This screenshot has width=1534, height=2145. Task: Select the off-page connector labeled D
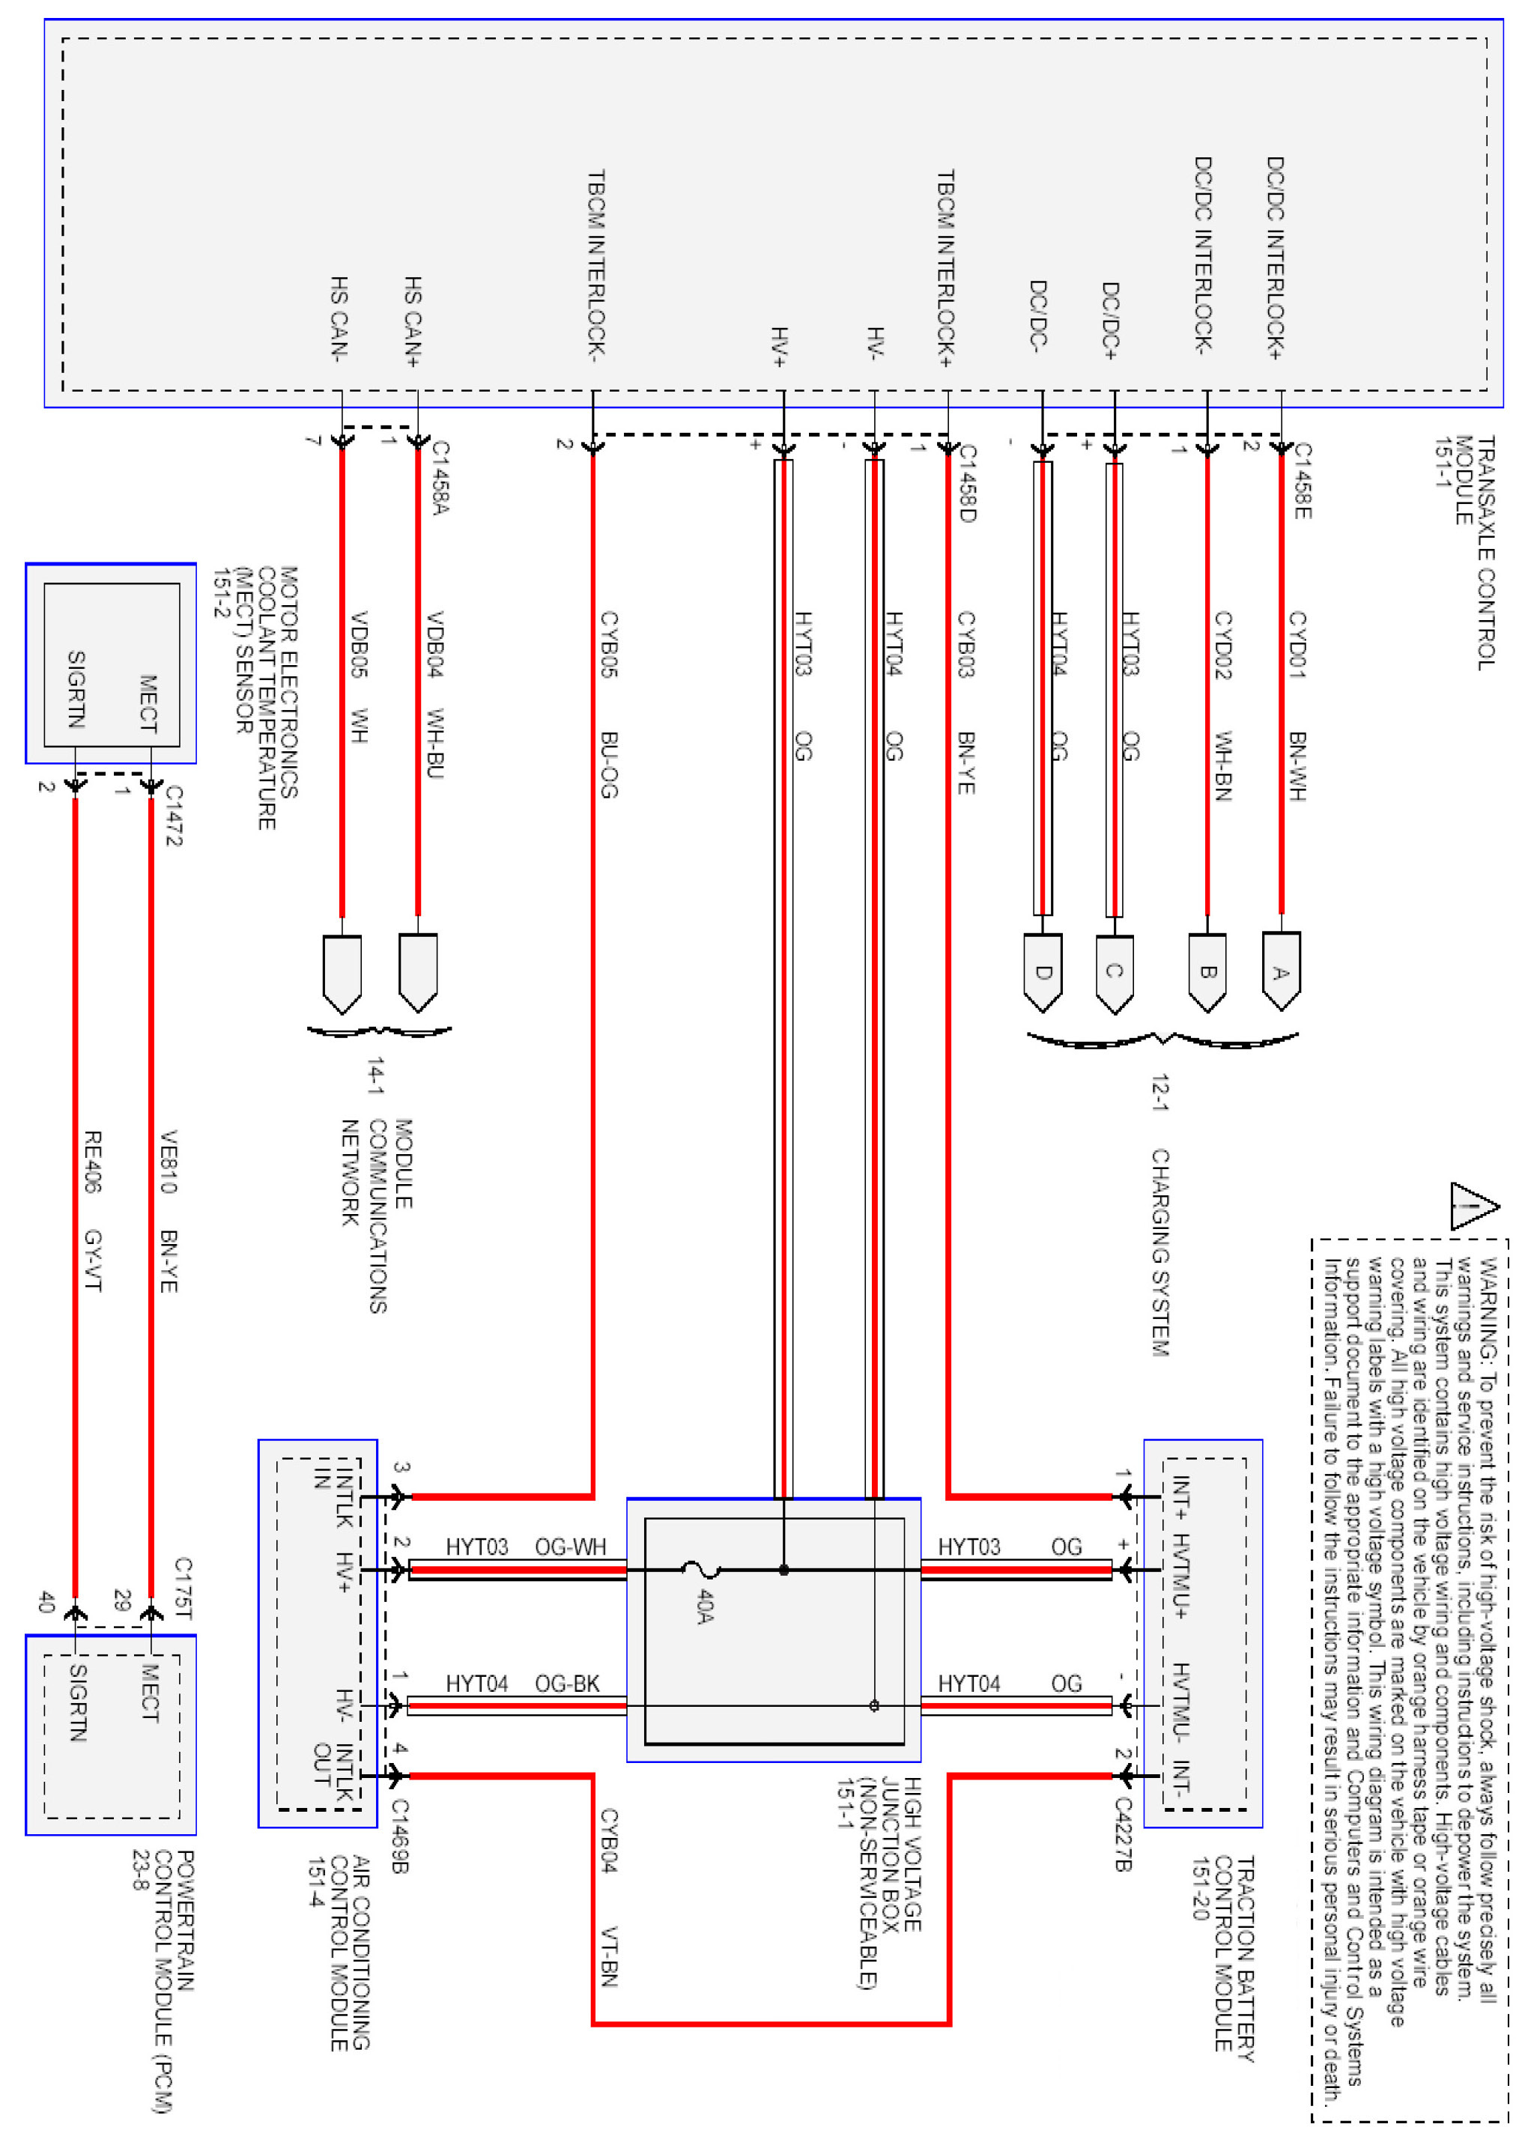coord(1042,972)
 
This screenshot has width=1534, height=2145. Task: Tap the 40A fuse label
coord(705,1606)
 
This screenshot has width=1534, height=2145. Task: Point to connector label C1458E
coord(1302,481)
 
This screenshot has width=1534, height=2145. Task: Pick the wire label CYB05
coord(609,644)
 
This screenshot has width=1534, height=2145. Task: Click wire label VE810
coord(168,1162)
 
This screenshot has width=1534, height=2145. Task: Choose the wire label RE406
coord(93,1162)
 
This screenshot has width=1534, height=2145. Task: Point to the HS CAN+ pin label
coord(413,321)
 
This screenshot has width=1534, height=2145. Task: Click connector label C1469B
coord(399,1835)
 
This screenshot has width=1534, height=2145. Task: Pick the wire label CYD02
coord(1222,644)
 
